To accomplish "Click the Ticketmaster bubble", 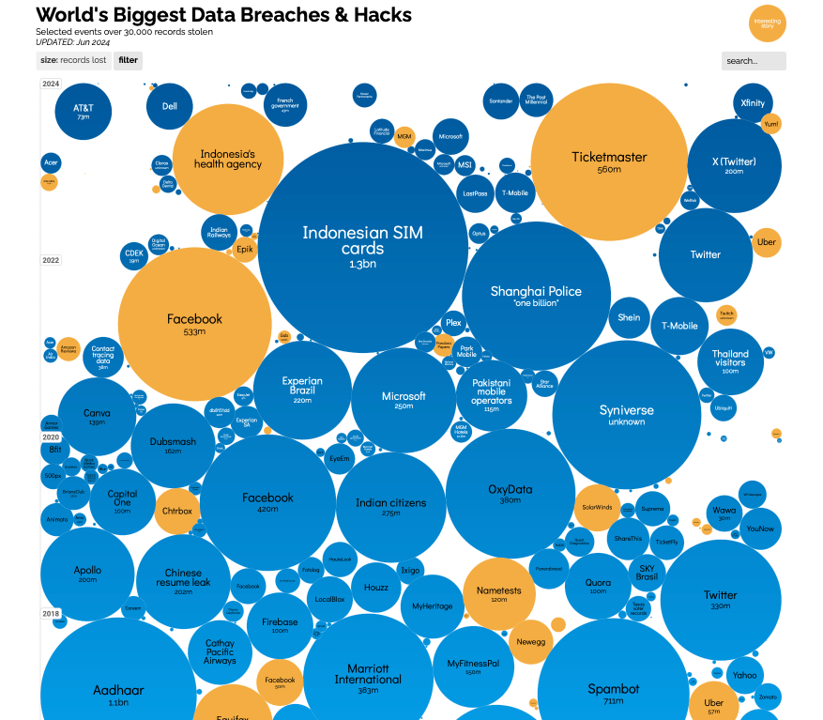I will (609, 161).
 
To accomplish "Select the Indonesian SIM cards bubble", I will (362, 247).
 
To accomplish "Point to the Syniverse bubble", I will (626, 414).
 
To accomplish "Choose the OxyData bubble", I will (510, 493).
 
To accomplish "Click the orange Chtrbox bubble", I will (176, 511).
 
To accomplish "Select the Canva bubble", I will (96, 416).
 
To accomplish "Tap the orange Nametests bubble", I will (498, 593).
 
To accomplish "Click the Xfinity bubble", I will (752, 103).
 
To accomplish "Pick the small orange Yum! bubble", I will (771, 123).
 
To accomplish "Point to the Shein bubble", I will (629, 317).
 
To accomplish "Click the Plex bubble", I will (453, 322).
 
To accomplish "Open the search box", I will (754, 61).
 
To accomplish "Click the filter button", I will (128, 60).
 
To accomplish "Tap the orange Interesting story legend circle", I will (768, 24).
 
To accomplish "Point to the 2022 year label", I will (51, 260).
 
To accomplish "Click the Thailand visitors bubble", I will (730, 358).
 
